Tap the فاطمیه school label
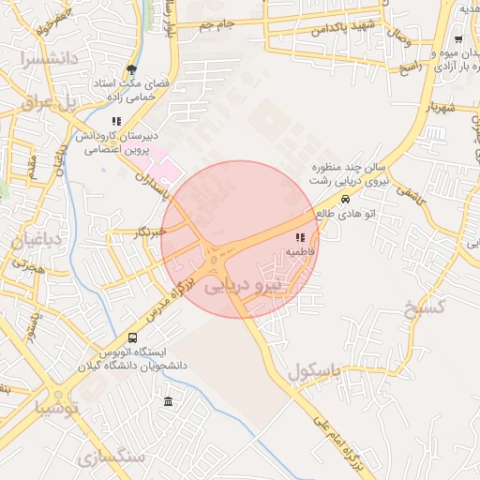click(x=300, y=252)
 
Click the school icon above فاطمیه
click(x=301, y=236)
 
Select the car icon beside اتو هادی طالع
click(x=346, y=199)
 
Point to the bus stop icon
click(x=132, y=337)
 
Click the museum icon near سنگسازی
click(x=168, y=402)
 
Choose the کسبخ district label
click(x=423, y=307)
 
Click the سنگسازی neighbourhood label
click(x=113, y=457)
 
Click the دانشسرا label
click(x=42, y=60)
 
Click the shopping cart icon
click(x=457, y=39)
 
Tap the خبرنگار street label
click(x=149, y=231)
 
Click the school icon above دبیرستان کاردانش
click(x=116, y=121)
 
